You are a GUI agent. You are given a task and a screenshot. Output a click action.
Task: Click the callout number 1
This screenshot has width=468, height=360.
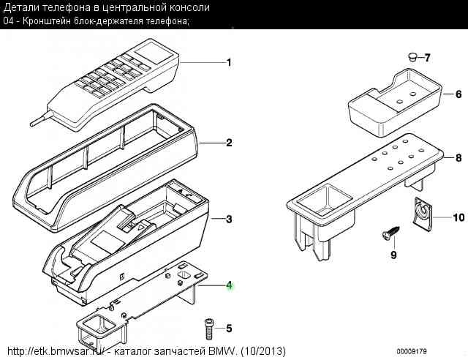(x=229, y=62)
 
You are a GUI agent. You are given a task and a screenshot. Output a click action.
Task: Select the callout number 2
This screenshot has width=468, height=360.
(x=229, y=143)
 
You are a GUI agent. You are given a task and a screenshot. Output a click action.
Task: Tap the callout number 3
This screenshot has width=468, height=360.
(x=229, y=220)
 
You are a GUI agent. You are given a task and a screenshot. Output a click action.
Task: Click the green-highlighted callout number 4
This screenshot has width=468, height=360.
(x=229, y=285)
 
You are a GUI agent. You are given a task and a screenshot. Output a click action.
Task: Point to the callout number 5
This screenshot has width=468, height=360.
(x=229, y=329)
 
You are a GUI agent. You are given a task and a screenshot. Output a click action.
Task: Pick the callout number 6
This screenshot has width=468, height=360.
(x=458, y=94)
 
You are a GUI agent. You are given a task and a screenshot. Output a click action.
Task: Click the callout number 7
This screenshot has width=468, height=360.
(x=427, y=58)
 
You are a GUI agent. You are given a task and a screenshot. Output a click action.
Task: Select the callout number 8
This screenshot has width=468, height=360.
(x=458, y=158)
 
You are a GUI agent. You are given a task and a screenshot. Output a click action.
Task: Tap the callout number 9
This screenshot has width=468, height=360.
(x=393, y=255)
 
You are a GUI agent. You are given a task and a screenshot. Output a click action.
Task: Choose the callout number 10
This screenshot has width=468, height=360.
(x=458, y=217)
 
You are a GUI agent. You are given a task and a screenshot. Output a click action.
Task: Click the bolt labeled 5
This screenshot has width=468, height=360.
(x=208, y=329)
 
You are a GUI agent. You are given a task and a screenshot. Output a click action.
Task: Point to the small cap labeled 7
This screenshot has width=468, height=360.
(x=412, y=57)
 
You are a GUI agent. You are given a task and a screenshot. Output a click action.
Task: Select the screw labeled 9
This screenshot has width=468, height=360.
(x=390, y=232)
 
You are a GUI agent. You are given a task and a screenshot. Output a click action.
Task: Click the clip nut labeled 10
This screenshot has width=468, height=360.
(x=422, y=214)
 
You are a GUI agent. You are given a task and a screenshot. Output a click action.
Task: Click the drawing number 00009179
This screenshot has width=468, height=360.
(x=412, y=351)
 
